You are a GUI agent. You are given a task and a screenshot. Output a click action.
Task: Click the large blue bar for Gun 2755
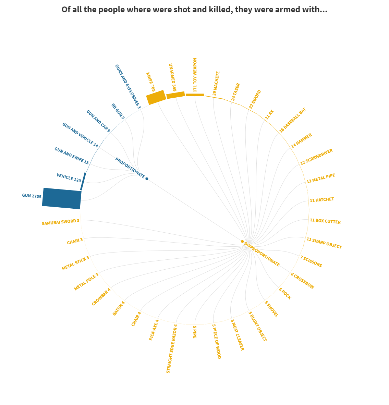[x=62, y=198]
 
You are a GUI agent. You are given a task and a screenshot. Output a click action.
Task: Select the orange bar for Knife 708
[x=156, y=97]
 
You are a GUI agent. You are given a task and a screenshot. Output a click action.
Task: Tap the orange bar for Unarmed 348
[x=175, y=95]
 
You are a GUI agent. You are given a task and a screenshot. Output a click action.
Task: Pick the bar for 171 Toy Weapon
[x=195, y=95]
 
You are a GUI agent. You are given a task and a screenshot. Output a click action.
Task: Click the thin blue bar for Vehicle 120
[x=83, y=181]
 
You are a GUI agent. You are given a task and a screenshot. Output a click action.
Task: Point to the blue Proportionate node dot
[x=147, y=179]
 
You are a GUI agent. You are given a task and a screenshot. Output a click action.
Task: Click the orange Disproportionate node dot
[x=242, y=242]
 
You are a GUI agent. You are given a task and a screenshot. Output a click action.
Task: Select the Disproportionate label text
[x=262, y=254]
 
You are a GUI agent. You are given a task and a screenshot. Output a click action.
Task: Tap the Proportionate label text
[x=130, y=168]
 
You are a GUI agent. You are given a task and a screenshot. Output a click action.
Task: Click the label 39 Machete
[x=216, y=83]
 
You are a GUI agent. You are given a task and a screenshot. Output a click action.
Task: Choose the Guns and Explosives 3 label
[x=127, y=86]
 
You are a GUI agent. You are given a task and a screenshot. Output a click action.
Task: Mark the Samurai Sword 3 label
[x=60, y=222]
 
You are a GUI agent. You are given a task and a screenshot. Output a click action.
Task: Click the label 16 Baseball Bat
[x=292, y=120]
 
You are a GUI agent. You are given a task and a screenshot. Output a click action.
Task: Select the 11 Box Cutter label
[x=325, y=221]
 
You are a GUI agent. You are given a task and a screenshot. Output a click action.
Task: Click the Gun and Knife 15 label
[x=72, y=156]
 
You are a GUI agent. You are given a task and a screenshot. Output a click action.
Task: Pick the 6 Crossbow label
[x=302, y=281]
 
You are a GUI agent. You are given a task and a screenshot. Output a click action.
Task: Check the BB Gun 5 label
[x=118, y=111]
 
